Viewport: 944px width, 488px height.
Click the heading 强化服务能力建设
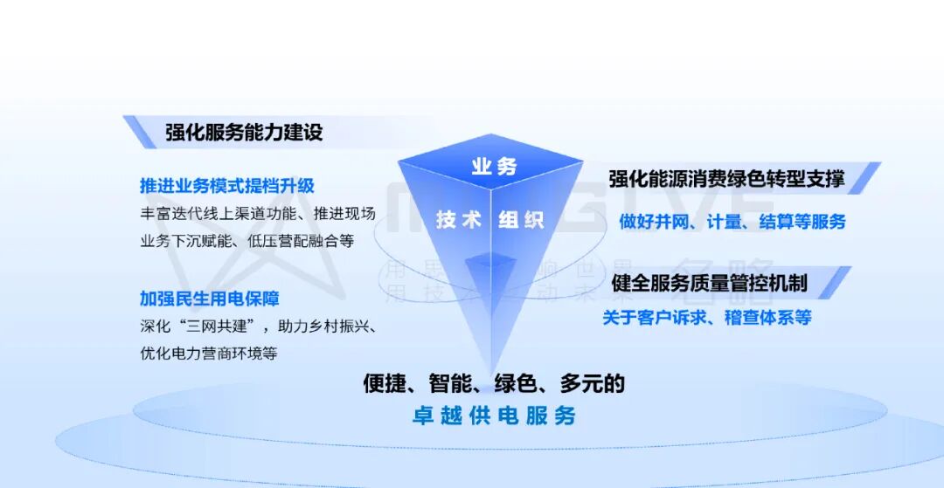click(x=244, y=133)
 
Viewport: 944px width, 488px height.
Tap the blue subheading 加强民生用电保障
click(x=209, y=299)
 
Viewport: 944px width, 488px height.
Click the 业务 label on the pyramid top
click(x=494, y=166)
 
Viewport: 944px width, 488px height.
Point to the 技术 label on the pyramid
click(x=459, y=219)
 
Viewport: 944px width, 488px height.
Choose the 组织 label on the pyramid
click(x=522, y=219)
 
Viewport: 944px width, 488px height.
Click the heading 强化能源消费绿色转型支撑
click(x=726, y=179)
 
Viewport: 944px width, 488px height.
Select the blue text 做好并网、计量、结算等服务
click(x=732, y=222)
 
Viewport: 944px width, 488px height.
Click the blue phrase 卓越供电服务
click(x=494, y=416)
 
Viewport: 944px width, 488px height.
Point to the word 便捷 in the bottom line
click(x=385, y=383)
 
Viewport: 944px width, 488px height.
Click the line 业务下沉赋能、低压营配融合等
click(x=246, y=240)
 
